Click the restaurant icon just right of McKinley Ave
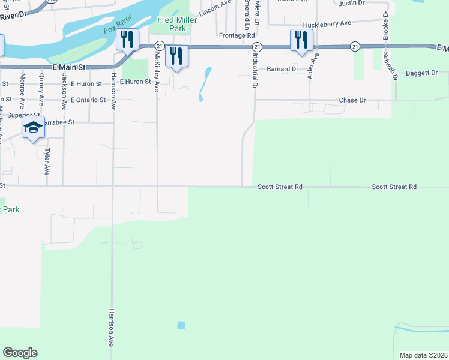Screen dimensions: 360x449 click(176, 56)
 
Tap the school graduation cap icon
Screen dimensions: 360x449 click(34, 128)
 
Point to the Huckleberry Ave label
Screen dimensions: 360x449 click(327, 24)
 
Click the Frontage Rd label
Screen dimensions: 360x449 click(237, 35)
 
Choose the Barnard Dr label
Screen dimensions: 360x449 click(283, 69)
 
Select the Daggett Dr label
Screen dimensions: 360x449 click(423, 73)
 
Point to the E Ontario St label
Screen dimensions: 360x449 click(88, 100)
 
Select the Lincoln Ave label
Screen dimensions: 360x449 click(215, 8)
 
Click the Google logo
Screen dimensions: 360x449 click(20, 353)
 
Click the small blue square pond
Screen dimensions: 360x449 click(181, 325)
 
